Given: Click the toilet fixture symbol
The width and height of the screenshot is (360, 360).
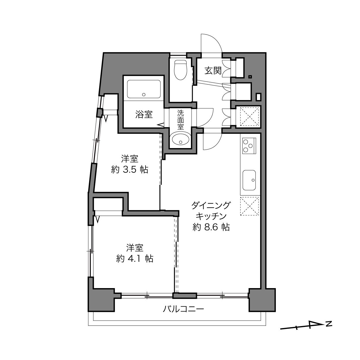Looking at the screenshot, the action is click(181, 70).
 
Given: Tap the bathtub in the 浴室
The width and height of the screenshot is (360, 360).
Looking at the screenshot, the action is click(144, 89).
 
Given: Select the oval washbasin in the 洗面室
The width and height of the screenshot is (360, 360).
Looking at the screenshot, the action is click(181, 139).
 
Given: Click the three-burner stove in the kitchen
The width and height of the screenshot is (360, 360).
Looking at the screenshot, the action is click(249, 146).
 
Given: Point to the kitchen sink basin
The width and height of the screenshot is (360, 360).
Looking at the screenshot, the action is click(249, 180).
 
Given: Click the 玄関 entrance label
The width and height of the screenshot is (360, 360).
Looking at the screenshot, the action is click(213, 71).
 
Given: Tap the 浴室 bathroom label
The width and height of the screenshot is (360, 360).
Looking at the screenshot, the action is click(144, 114).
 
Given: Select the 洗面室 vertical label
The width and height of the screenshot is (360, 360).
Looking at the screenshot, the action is click(181, 120).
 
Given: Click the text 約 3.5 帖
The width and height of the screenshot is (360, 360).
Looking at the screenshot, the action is click(130, 170).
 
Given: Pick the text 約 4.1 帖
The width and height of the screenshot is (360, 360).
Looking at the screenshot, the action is click(135, 259).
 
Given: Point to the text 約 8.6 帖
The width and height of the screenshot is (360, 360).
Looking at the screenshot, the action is click(211, 227).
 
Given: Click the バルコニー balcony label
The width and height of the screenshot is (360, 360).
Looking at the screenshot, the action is click(183, 309).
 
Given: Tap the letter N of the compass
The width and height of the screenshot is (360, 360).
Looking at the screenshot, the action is click(329, 324).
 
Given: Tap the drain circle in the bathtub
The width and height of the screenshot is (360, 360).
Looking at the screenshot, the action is click(144, 95).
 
